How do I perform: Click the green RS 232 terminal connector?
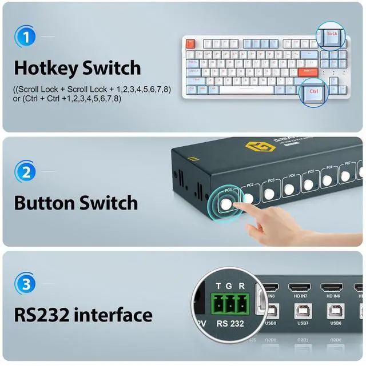230,304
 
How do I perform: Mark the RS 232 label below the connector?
230,323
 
